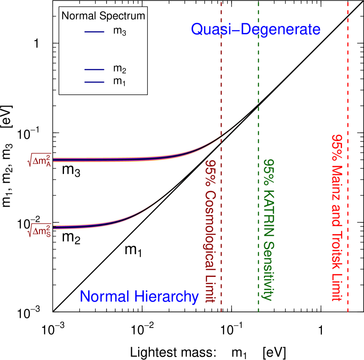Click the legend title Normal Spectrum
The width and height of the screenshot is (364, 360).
(103, 16)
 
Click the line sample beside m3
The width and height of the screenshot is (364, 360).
(94, 32)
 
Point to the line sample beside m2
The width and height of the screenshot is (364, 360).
(94, 69)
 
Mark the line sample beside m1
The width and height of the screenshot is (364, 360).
(94, 82)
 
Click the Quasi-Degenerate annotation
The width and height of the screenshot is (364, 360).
(255, 30)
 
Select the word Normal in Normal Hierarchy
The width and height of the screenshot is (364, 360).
(105, 297)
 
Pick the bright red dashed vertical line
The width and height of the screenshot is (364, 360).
(348, 88)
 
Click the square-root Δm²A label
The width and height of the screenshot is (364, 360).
(39, 161)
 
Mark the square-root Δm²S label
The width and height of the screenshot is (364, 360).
(39, 230)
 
